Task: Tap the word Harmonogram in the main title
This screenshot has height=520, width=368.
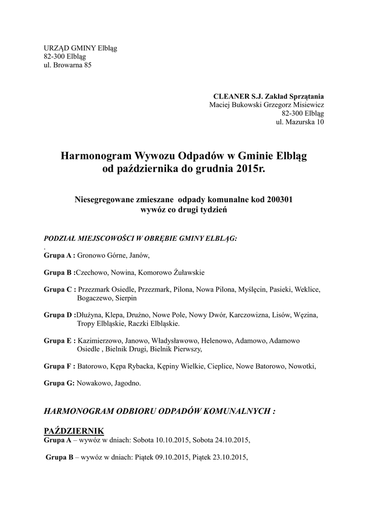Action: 95,154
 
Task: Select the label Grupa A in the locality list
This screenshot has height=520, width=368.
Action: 59,255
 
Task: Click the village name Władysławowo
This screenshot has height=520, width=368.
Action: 175,340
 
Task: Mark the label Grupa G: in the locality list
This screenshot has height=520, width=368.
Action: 59,383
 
